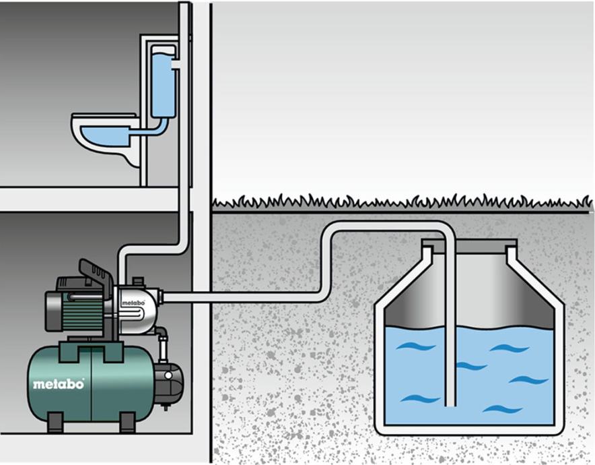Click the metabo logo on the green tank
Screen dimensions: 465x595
click(59, 384)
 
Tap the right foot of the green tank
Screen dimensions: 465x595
click(126, 423)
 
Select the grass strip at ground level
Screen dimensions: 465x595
click(404, 201)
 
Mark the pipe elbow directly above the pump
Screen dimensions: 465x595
click(125, 255)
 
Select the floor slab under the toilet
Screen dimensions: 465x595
click(87, 199)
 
